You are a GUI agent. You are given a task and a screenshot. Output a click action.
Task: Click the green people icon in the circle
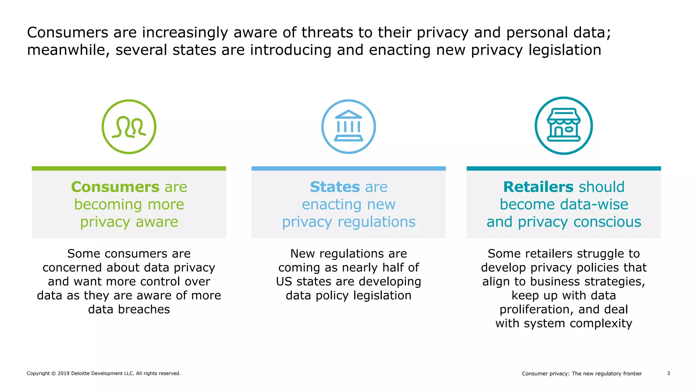coord(129,127)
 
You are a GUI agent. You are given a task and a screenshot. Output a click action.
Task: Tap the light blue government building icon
coord(348,127)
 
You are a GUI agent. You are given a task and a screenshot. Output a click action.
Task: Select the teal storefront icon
coord(564,126)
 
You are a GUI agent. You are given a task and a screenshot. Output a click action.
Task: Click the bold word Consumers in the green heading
coord(115,187)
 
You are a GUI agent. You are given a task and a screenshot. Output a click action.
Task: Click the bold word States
coord(335,187)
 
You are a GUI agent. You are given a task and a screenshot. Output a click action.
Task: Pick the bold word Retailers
coord(538,187)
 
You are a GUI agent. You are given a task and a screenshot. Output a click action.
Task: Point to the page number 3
coord(668,373)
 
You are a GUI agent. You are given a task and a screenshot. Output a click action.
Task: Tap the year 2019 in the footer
coord(64,373)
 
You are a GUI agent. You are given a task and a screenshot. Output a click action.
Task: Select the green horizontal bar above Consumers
coord(129,168)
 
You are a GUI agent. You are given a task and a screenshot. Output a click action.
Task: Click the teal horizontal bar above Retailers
coord(564,168)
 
